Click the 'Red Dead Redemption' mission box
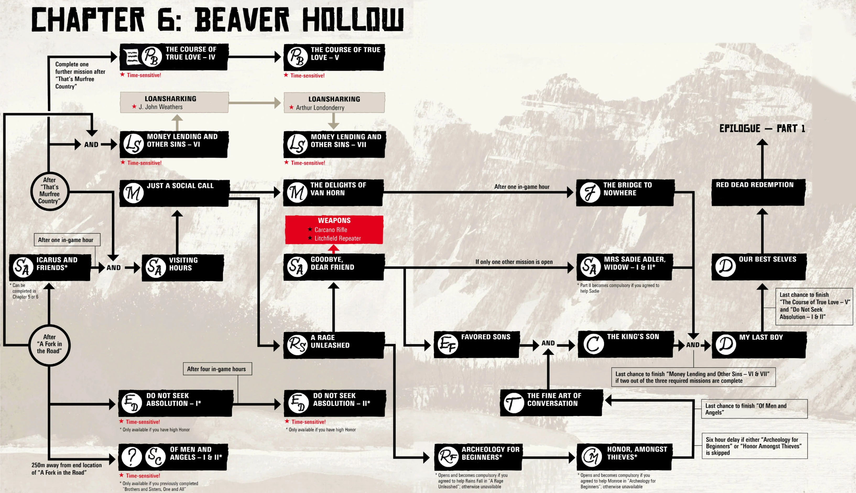pos(758,192)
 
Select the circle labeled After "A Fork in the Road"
pos(50,344)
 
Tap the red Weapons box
pos(334,229)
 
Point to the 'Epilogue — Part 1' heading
pos(762,129)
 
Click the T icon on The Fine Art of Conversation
pos(513,403)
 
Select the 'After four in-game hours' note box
pos(217,369)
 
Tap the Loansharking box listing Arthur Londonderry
pos(334,103)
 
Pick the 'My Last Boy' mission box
pos(759,345)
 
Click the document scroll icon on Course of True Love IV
pos(132,57)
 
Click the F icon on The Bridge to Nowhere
pos(590,192)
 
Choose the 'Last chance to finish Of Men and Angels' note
pos(754,409)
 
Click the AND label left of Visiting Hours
pos(113,267)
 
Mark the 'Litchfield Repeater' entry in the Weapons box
pos(337,238)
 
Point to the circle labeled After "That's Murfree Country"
pos(50,191)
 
